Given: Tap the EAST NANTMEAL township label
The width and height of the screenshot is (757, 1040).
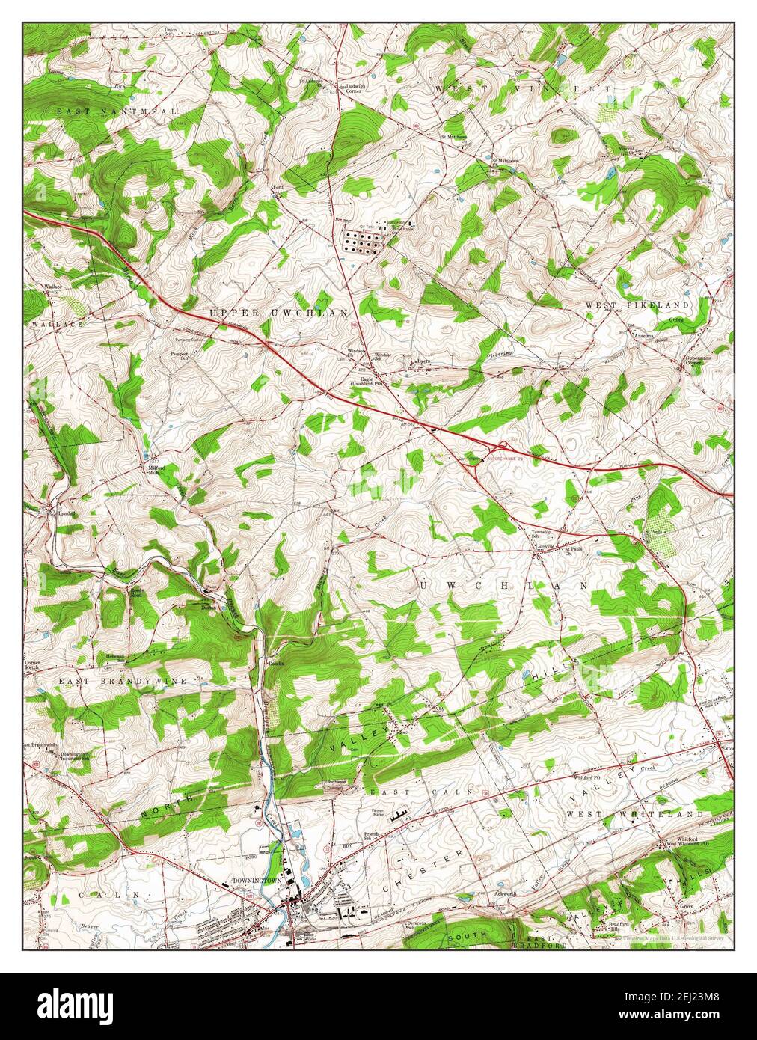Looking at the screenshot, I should [x=118, y=111].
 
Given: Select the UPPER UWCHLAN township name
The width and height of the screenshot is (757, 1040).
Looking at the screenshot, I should [x=278, y=313].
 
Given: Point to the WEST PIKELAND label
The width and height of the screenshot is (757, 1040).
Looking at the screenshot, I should [x=647, y=306].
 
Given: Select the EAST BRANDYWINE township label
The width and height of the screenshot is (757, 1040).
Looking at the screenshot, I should [x=123, y=682].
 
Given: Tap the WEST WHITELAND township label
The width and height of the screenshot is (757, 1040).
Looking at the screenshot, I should [x=634, y=813].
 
